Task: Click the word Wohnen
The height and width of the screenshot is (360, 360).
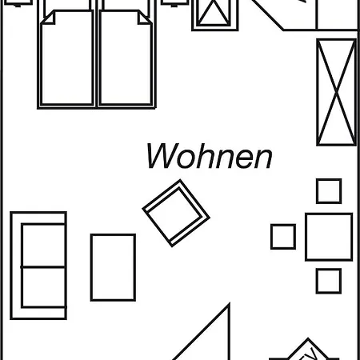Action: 210,156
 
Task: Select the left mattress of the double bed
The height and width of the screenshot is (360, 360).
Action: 67,58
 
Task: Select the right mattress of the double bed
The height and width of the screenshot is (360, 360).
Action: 126,58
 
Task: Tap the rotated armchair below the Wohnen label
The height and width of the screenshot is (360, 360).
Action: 176,213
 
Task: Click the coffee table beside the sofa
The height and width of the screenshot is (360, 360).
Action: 113,267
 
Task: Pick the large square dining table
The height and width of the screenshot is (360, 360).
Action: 329,237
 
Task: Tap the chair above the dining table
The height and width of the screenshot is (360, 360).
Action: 329,191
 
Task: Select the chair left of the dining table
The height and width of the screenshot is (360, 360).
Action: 283,237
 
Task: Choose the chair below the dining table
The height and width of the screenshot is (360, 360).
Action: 329,281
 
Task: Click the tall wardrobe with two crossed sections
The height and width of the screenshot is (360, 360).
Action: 337,92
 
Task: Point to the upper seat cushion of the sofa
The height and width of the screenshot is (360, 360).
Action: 43,246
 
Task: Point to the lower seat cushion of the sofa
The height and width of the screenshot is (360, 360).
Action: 43,287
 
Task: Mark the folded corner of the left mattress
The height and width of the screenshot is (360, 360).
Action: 48,18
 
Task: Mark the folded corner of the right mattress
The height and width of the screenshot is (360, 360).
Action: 145,18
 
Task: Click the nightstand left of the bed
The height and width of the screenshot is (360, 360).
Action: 18,2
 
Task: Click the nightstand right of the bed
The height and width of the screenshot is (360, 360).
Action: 174,2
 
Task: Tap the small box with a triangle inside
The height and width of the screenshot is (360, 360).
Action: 214,14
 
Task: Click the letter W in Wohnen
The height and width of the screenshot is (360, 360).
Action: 159,156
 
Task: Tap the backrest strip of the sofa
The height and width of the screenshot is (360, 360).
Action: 16,266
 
